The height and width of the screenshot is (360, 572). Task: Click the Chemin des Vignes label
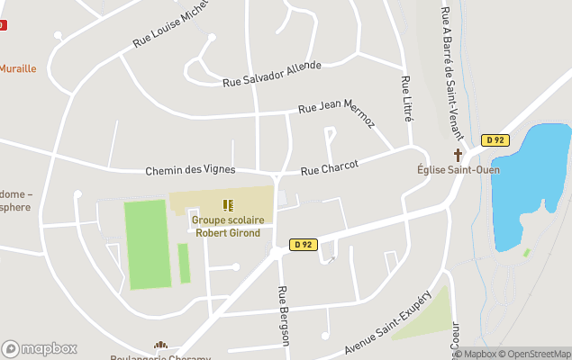(x=190, y=170)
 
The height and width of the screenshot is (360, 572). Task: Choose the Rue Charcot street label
(x=330, y=167)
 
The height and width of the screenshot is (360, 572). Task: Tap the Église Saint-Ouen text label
(x=458, y=169)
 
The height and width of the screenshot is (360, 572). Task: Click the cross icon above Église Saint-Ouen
(x=458, y=156)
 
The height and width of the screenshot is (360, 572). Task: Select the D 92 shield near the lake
(x=495, y=139)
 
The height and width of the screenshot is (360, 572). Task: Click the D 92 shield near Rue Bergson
(x=303, y=244)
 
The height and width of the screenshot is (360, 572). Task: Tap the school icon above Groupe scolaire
(x=227, y=205)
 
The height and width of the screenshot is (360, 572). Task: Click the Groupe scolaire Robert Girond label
(x=226, y=226)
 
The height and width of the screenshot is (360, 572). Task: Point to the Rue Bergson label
(x=284, y=315)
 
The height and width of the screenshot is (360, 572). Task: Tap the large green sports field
(x=147, y=244)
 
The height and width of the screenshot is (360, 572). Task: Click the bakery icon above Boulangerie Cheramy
(x=160, y=346)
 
